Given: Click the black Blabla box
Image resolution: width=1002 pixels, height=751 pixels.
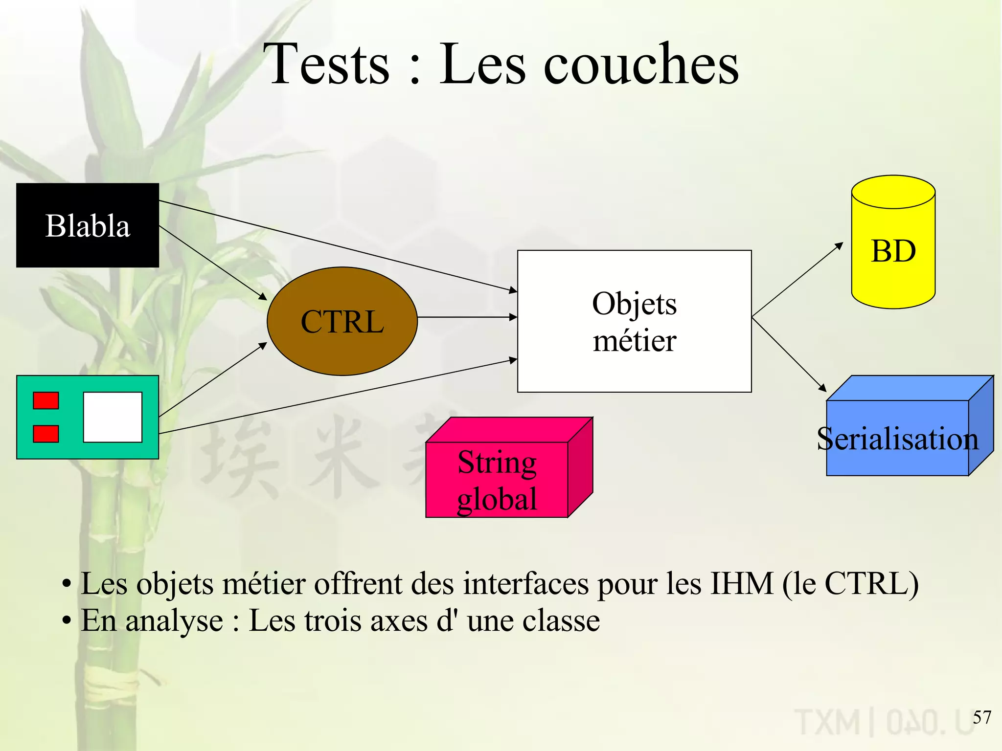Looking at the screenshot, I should tap(88, 225).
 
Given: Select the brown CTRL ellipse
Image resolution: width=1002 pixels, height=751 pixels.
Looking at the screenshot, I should tap(342, 321).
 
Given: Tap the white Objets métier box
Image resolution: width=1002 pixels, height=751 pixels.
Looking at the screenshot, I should tap(634, 321).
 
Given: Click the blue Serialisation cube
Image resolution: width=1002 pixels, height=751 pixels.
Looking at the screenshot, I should tap(897, 438).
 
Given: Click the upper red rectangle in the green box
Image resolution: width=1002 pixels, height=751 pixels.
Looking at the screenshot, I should tap(46, 400).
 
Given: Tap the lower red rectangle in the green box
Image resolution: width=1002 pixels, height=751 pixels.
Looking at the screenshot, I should tap(46, 434).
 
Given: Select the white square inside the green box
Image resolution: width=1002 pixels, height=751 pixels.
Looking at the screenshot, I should tap(113, 417).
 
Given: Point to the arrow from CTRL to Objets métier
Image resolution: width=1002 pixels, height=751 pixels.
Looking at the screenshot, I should tap(467, 317).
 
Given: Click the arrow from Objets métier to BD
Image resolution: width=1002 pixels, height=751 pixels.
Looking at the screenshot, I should tap(797, 280).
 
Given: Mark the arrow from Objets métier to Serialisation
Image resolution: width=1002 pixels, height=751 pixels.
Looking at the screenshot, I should tap(789, 354).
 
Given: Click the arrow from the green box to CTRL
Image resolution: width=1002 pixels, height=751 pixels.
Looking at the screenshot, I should tap(213, 379).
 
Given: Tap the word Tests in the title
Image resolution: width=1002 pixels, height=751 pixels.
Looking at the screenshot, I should tap(330, 65).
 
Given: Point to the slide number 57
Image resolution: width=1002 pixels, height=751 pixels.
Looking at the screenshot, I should tap(981, 717).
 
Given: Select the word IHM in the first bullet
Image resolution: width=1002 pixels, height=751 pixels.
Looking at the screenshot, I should tap(741, 584).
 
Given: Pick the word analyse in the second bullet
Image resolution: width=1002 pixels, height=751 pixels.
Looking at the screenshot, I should tap(174, 621).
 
